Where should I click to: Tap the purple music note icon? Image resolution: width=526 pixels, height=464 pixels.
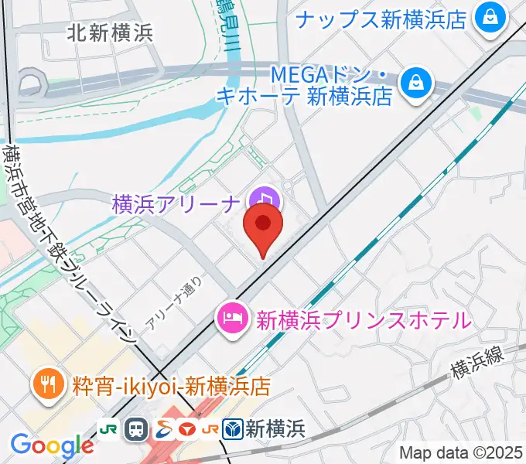coord(266,200)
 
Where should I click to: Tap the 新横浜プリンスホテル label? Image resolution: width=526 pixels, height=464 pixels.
coord(363,319)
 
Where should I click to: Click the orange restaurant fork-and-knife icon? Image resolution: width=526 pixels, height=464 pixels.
coord(48,384)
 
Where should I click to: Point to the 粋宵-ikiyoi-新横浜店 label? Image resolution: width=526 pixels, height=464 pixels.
coord(171,384)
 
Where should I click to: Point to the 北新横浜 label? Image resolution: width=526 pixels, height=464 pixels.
coord(109,32)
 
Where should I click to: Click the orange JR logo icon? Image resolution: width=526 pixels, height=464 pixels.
coord(209,428)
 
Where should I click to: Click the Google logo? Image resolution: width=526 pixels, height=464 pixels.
coord(51,445)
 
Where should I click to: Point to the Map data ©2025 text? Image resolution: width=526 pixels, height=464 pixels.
coord(461,452)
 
